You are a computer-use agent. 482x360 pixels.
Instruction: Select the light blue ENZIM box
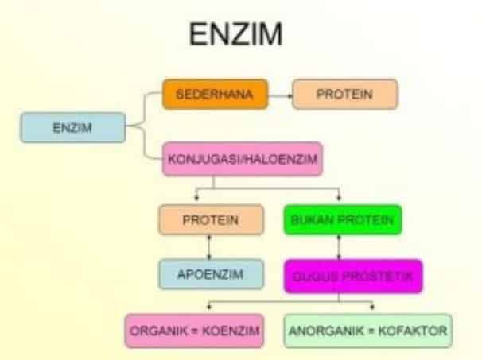(x=73, y=128)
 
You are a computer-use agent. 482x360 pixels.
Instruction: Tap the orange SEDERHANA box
(x=214, y=95)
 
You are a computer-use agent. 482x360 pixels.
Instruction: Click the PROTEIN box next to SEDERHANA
(x=344, y=95)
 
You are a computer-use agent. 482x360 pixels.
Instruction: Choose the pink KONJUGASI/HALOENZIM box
(x=242, y=159)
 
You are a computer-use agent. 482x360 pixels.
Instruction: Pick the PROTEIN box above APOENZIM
(x=210, y=220)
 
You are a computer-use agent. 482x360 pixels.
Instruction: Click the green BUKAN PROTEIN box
(x=342, y=220)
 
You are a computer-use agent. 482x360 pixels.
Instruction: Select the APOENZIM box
(x=210, y=274)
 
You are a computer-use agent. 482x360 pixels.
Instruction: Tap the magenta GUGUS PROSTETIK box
(x=352, y=275)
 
